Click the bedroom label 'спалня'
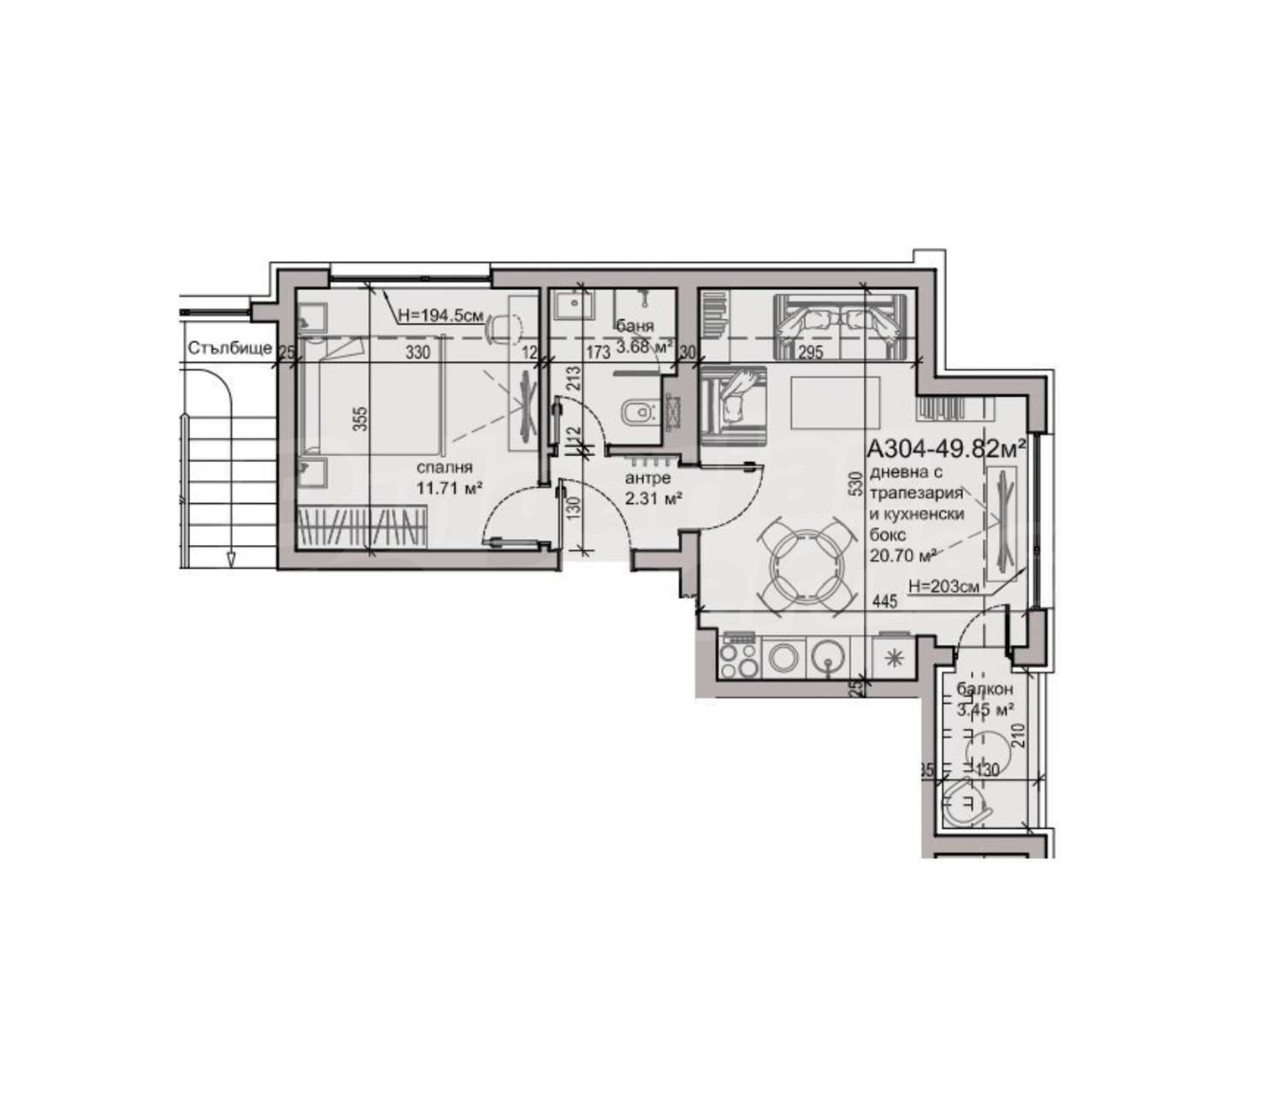(445, 469)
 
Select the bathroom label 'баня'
(636, 326)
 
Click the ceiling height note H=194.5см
(441, 315)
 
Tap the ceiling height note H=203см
(944, 587)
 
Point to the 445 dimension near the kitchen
(884, 602)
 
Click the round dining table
(811, 567)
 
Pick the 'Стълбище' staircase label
(230, 348)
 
